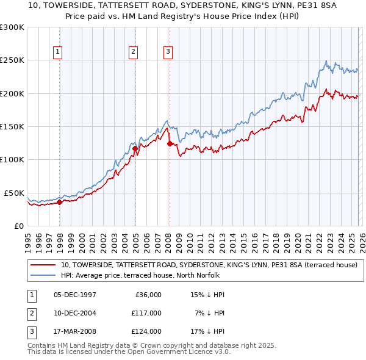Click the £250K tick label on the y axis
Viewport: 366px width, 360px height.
[12, 60]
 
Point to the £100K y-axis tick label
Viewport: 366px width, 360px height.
[12, 159]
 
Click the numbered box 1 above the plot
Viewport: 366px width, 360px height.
[58, 52]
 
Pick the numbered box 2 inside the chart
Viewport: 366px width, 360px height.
[133, 52]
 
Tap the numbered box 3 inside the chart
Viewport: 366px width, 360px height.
[167, 52]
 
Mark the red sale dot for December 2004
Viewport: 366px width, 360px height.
[135, 148]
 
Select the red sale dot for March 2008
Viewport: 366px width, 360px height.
[170, 143]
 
